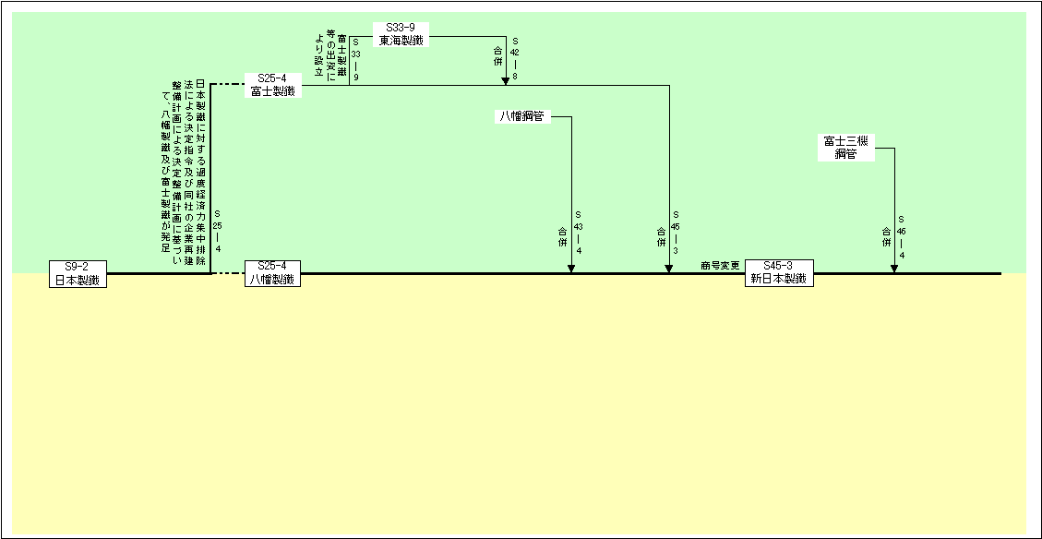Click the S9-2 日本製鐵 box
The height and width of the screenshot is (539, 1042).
[x=78, y=273]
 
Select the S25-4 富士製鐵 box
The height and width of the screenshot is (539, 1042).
[x=272, y=85]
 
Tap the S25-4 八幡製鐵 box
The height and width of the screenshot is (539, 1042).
[x=272, y=273]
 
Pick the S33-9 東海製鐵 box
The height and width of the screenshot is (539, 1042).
[x=401, y=35]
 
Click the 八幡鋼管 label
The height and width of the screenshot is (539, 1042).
[x=521, y=116]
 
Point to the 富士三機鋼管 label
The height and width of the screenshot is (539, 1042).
[x=845, y=148]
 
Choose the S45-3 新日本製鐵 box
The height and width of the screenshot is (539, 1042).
[x=779, y=273]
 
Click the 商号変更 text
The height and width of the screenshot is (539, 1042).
[x=720, y=266]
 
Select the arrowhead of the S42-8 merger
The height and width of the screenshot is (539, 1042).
[x=506, y=80]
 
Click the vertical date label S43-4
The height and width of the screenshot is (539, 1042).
[x=579, y=232]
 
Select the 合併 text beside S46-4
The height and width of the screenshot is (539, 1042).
[x=886, y=236]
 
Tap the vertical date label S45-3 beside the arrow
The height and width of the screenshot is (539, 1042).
[x=676, y=232]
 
